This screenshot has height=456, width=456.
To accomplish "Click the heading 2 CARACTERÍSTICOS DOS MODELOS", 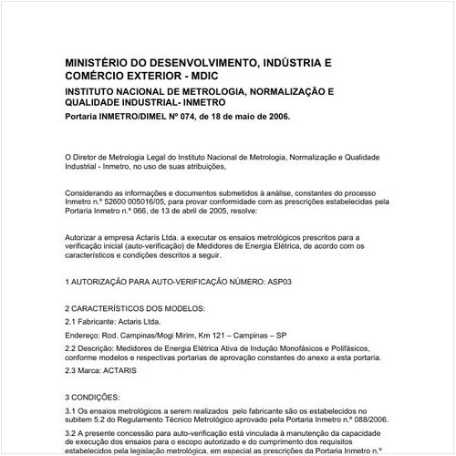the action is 129,310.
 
